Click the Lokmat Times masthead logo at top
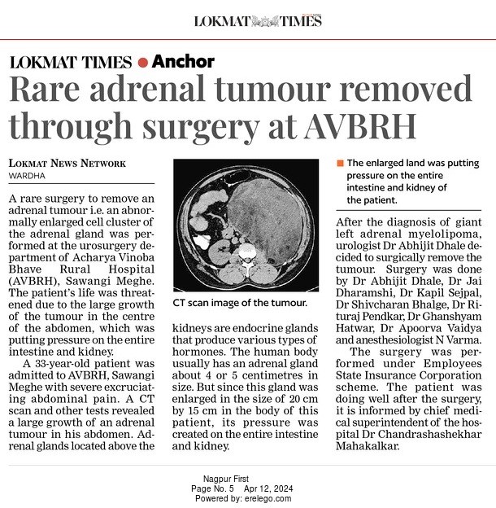[258, 20]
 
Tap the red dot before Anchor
[143, 62]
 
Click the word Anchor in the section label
[183, 62]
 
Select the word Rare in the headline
[45, 91]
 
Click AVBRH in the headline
[361, 125]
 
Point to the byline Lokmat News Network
[67, 164]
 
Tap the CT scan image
[246, 225]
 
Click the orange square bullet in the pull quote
[340, 164]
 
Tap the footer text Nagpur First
[227, 479]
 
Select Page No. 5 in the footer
[212, 488]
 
